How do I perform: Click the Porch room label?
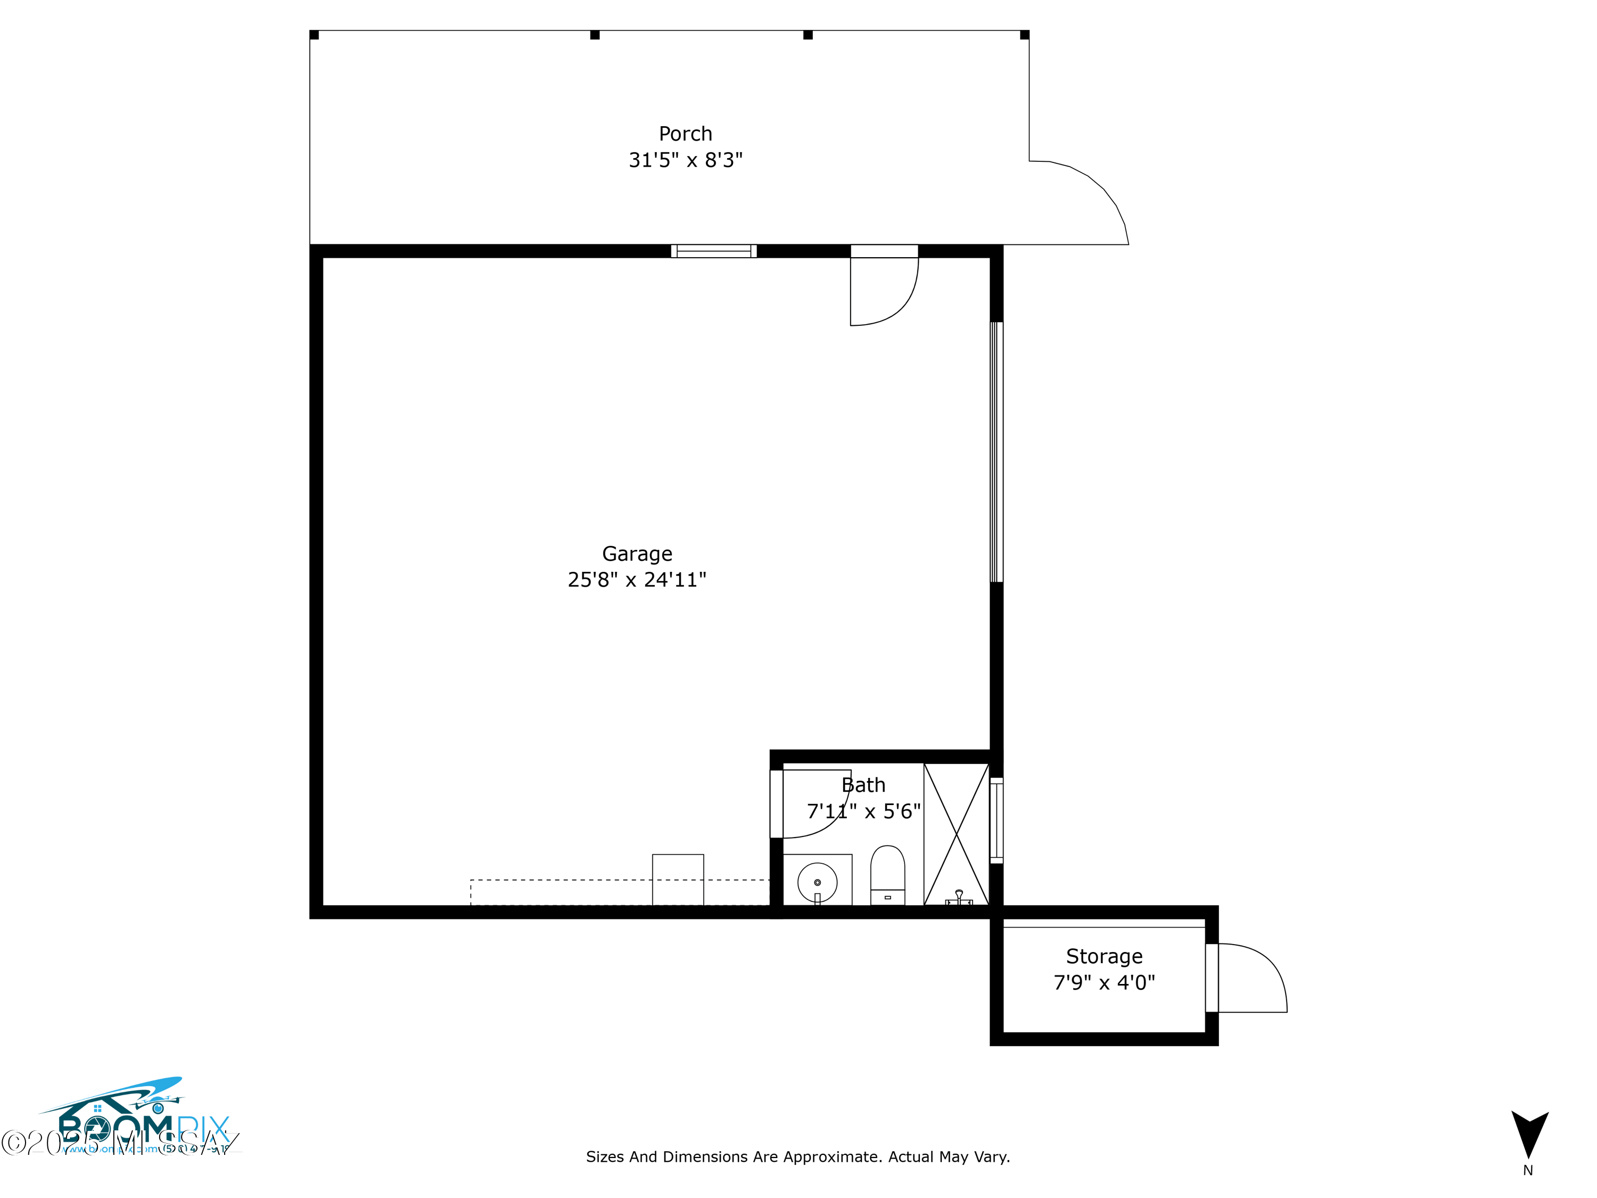685,134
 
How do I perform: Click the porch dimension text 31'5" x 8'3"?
685,160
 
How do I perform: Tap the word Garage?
637,554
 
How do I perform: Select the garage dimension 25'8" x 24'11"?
637,580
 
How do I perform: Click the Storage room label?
1104,956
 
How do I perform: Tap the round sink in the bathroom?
817,882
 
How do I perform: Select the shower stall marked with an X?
956,834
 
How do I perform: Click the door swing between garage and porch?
884,289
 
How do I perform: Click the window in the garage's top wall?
713,251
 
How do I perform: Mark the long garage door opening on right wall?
997,452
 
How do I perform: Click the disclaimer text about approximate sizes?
798,1157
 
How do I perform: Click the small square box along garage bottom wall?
678,880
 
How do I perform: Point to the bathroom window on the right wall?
997,820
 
